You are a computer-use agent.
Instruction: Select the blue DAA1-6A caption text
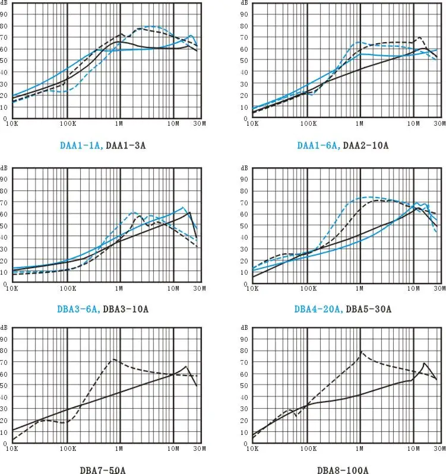[317, 144]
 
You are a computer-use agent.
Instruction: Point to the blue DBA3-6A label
[80, 309]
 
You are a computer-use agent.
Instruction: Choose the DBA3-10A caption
[126, 309]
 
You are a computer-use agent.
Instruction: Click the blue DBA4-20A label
[318, 309]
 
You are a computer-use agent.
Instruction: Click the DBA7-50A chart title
[102, 470]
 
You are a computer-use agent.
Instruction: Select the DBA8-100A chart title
[343, 470]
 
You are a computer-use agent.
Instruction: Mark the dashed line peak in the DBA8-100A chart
[360, 352]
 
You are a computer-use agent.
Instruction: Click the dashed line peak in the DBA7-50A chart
[112, 360]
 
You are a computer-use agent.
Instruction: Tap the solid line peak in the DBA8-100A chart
[424, 362]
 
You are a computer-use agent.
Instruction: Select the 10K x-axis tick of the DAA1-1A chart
[12, 125]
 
